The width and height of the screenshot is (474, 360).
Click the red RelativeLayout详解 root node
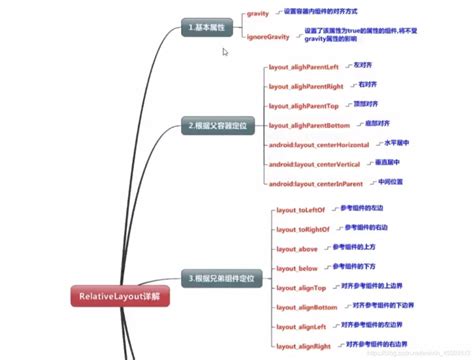coord(121,297)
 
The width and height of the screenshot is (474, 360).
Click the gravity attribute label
coord(257,14)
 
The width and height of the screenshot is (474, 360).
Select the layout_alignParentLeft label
coord(306,67)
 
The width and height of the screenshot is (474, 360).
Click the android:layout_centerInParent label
coord(316,184)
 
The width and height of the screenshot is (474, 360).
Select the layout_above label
coord(296,248)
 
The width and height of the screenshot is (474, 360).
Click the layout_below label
coord(296,267)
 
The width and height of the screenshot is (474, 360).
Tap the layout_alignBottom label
coord(304,306)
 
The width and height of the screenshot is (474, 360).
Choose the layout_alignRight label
coord(302,345)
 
